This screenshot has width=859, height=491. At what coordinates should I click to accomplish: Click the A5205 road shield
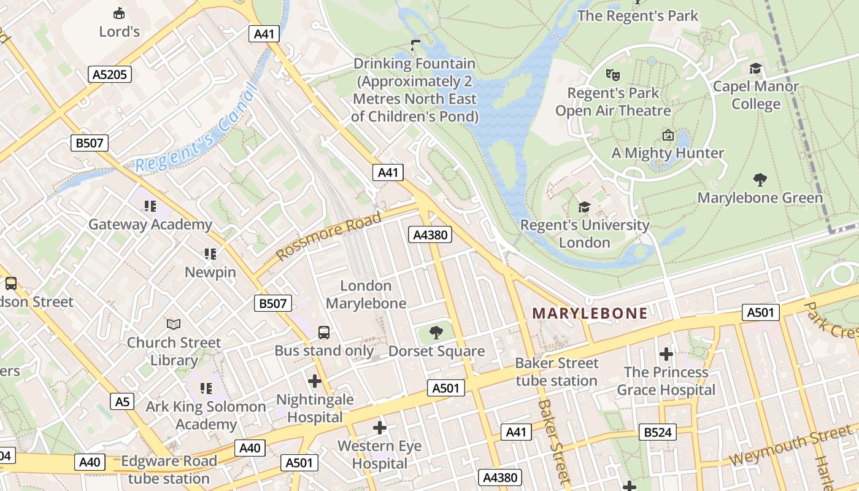(x=110, y=75)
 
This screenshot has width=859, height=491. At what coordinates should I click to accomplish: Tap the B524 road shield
(x=657, y=432)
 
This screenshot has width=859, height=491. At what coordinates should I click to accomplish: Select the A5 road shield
(x=123, y=401)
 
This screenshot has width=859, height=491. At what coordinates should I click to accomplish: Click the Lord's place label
(x=119, y=31)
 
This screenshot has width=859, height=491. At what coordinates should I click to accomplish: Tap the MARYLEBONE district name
(x=590, y=313)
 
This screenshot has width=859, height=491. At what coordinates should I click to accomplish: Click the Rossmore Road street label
(x=328, y=235)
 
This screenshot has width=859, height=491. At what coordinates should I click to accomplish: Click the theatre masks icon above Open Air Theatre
(x=612, y=75)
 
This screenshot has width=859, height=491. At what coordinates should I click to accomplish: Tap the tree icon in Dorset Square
(x=436, y=333)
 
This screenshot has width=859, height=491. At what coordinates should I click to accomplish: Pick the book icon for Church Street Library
(x=174, y=324)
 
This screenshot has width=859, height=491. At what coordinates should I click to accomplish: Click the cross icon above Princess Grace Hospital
(x=666, y=354)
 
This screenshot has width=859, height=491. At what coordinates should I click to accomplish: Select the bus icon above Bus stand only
(x=323, y=333)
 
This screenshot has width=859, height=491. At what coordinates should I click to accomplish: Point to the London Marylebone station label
(x=366, y=295)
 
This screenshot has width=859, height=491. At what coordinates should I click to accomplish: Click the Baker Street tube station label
(x=556, y=372)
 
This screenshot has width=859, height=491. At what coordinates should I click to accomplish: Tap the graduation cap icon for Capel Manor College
(x=755, y=68)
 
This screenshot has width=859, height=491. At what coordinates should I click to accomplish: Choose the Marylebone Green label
(x=760, y=198)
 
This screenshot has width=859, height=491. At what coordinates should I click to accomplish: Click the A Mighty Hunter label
(x=668, y=153)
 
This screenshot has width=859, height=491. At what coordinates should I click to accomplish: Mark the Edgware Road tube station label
(x=169, y=470)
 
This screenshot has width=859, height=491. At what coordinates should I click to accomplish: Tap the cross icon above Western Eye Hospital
(x=380, y=427)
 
